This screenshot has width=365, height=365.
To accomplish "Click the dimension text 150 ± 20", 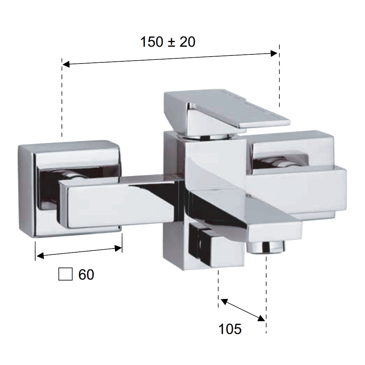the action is point(168,42).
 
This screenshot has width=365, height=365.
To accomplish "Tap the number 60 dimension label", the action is point(86,274).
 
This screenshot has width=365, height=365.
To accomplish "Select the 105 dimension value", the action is point(230,329).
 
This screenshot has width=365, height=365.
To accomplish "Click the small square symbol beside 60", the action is point(65,274).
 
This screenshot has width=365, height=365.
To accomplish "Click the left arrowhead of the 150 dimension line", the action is point(66,64).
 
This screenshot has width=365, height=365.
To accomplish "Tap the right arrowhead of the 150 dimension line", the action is point(274,54).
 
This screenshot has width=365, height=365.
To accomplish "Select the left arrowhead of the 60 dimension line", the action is point(40,255).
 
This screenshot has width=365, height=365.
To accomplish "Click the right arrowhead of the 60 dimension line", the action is point(118,249).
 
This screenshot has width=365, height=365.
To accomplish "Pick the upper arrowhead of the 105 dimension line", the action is point(224,301).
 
